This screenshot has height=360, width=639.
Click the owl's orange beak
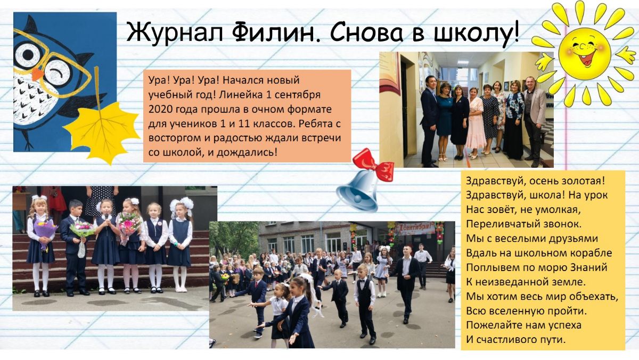(x=37, y=74)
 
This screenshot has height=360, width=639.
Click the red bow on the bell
(x=374, y=165)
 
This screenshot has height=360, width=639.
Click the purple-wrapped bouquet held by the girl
(x=44, y=233)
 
